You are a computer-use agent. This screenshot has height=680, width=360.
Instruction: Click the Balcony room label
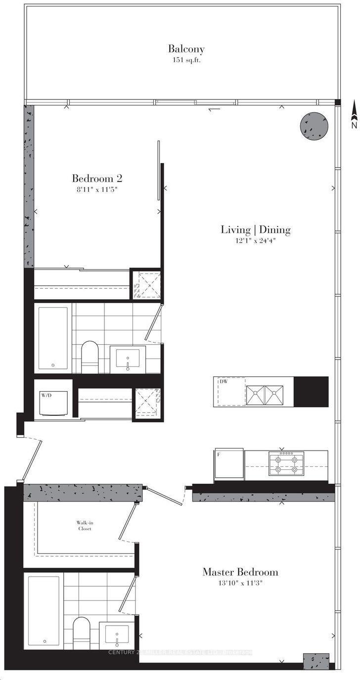(186, 49)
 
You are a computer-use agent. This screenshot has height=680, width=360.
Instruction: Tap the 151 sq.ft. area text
(186, 60)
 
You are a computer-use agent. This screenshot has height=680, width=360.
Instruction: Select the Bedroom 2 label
(97, 178)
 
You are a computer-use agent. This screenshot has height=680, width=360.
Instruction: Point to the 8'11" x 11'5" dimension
(97, 189)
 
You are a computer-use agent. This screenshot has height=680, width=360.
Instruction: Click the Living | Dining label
(255, 229)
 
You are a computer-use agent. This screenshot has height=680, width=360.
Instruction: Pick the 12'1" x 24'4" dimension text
(255, 241)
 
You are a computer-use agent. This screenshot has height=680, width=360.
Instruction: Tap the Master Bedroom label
(240, 572)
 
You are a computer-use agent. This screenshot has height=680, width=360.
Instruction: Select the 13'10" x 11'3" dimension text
(240, 584)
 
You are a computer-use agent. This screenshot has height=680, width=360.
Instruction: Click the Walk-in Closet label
(84, 525)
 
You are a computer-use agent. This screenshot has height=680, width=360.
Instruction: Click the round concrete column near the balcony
(314, 126)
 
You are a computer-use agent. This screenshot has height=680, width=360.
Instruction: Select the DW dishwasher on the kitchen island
(230, 392)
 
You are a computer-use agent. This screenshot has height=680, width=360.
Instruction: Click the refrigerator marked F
(229, 464)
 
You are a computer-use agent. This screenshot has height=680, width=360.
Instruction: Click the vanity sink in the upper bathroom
(128, 359)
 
